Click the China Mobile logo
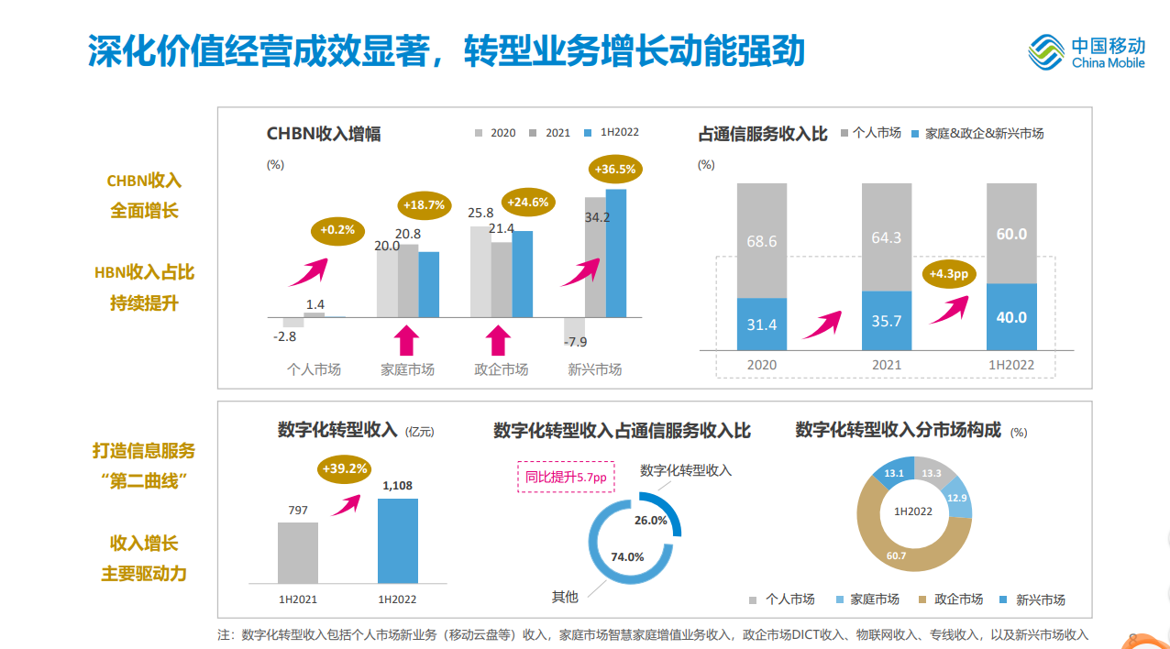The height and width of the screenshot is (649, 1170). pyautogui.click(x=1087, y=52)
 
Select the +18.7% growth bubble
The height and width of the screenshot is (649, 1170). pyautogui.click(x=423, y=205)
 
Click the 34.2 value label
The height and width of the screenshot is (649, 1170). pyautogui.click(x=597, y=217)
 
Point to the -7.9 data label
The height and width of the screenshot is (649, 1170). pyautogui.click(x=575, y=342)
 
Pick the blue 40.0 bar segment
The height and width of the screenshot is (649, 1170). pyautogui.click(x=1011, y=317)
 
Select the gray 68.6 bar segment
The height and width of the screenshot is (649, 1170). pyautogui.click(x=762, y=240)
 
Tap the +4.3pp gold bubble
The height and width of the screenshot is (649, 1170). pyautogui.click(x=949, y=274)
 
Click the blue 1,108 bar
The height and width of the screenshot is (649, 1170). pyautogui.click(x=398, y=541)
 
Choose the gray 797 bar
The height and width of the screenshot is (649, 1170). pyautogui.click(x=298, y=553)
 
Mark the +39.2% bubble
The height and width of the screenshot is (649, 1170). pyautogui.click(x=345, y=469)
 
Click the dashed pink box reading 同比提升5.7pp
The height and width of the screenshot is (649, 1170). pyautogui.click(x=566, y=477)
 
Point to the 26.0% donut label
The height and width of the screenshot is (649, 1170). pyautogui.click(x=651, y=520)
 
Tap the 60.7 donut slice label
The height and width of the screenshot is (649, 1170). pyautogui.click(x=896, y=555)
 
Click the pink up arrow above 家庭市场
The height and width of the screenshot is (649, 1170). pyautogui.click(x=407, y=341)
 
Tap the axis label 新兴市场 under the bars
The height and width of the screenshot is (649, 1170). pyautogui.click(x=594, y=369)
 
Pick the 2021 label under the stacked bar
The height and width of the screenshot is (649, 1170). pyautogui.click(x=887, y=365)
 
